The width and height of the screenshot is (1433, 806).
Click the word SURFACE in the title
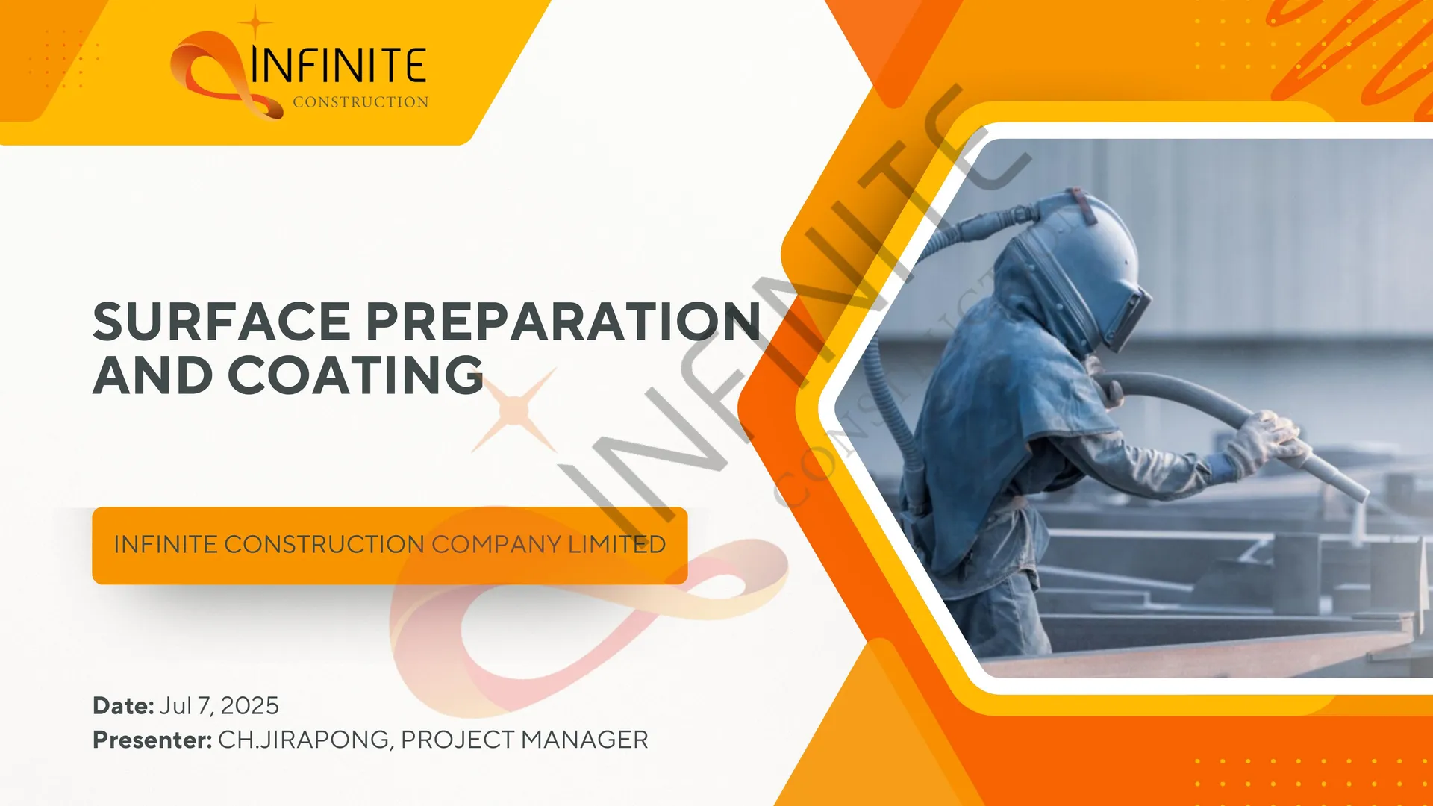pos(222,322)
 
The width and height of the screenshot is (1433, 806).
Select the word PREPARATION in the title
pos(563,322)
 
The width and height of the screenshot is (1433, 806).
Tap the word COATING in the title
pos(355,375)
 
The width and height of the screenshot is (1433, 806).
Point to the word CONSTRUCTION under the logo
pos(360,102)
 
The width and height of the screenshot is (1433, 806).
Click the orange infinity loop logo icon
pos(216,75)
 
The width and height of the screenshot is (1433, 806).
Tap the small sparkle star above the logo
pos(255,22)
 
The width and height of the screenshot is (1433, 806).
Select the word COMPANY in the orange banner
pos(496,545)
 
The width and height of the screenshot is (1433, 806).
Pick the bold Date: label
pos(123,706)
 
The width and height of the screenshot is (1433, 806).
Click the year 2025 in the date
pos(249,706)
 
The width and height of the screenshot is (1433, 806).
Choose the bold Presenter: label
pos(152,740)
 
